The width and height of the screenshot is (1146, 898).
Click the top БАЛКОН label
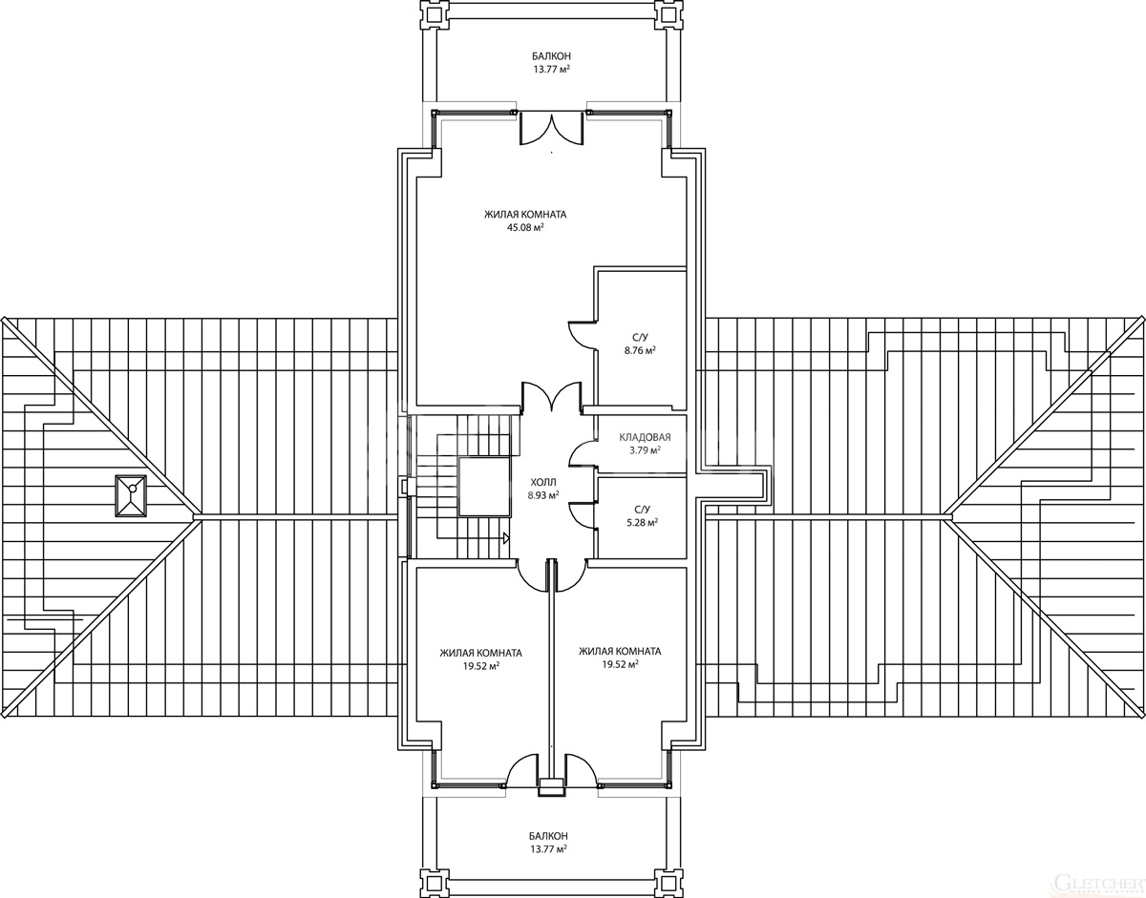551,56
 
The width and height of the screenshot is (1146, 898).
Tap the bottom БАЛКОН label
548,836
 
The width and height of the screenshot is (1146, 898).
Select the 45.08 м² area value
524,228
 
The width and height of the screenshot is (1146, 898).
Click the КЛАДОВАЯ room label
645,437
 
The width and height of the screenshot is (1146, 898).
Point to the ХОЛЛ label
543,482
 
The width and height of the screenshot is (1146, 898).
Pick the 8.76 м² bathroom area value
640,351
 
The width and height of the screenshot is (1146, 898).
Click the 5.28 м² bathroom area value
642,523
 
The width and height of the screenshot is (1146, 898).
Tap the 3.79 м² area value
646,450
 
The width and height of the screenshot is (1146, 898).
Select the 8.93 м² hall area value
543,495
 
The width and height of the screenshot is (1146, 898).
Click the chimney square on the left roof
130,495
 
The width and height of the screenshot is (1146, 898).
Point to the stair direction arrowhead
505,538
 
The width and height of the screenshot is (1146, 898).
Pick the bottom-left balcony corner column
434,884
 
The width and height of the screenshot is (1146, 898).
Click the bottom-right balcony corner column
668,884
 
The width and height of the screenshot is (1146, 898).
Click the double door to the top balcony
552,128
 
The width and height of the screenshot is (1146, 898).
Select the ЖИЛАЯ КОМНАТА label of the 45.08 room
525,215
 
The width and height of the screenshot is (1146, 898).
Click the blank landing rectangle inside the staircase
484,487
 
